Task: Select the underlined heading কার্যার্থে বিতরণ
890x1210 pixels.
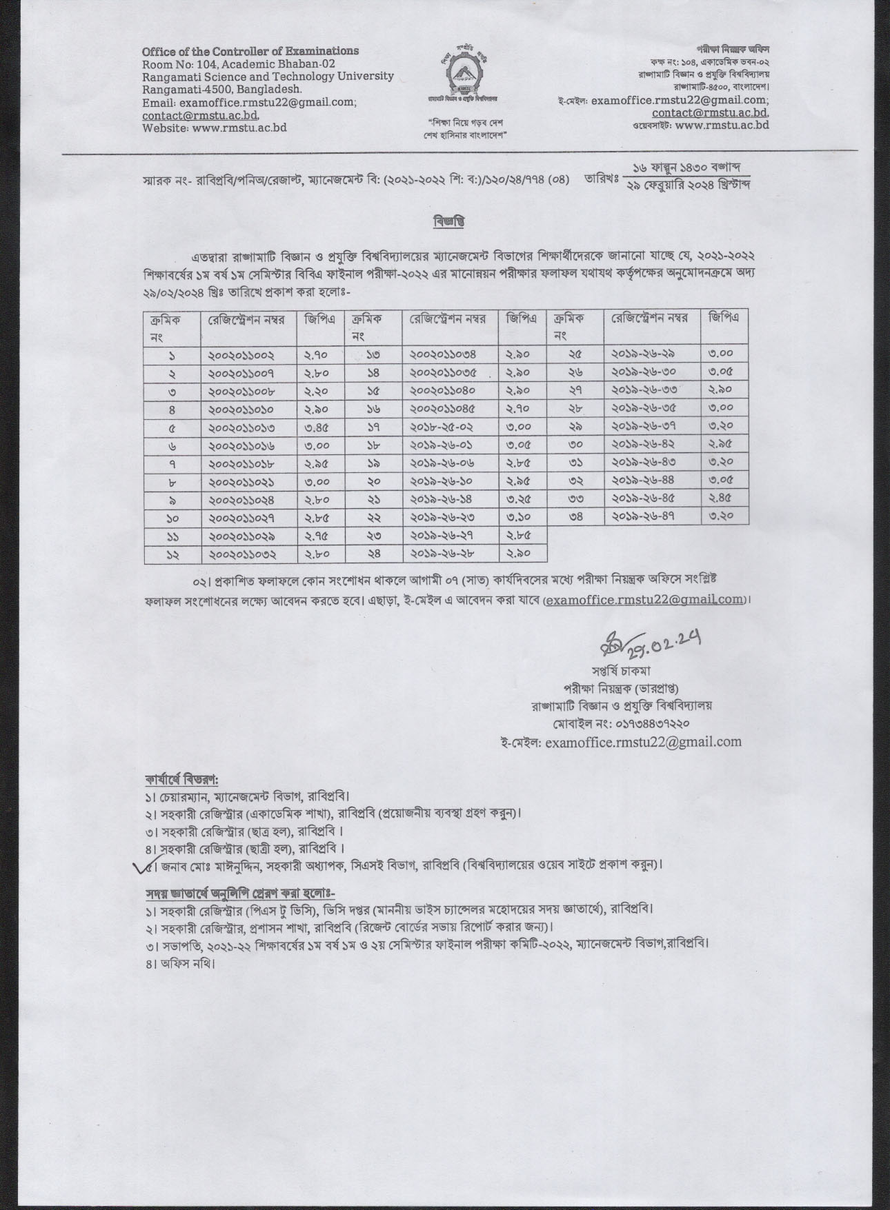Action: coord(181,781)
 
